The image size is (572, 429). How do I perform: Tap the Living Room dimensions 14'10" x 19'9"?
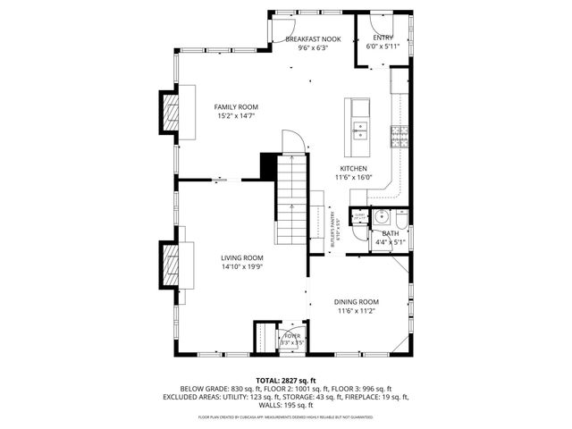tap(241, 265)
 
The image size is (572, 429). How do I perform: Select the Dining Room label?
tap(357, 302)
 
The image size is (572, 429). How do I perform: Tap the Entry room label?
tap(383, 38)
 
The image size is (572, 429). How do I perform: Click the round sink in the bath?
tap(381, 216)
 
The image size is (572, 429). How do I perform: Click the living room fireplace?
tap(169, 265)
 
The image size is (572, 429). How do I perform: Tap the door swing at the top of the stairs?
tap(294, 141)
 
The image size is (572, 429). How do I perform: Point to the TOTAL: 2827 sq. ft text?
tap(285, 381)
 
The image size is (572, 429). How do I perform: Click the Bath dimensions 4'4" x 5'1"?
tap(391, 241)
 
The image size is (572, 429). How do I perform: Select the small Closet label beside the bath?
tap(359, 216)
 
